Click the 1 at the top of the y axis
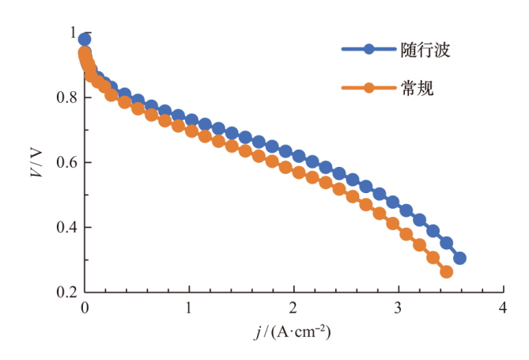74,33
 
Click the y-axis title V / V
36,162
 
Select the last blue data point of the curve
459,258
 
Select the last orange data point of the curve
446,271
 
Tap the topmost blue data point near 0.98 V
85,40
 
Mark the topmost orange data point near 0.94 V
85,53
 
